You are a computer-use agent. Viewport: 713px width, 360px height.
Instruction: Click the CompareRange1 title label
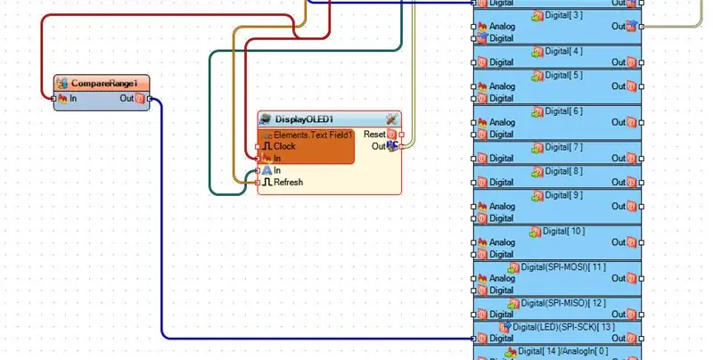[104, 84]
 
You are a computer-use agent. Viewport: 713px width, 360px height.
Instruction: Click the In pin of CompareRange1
[54, 98]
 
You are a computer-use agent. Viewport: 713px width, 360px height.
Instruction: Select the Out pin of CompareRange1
[150, 98]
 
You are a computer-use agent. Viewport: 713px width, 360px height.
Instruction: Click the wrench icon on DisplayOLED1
[392, 119]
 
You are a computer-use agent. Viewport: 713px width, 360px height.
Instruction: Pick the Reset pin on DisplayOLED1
[402, 135]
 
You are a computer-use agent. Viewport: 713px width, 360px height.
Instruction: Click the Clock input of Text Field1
[258, 146]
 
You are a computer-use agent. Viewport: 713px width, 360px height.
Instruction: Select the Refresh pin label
[288, 183]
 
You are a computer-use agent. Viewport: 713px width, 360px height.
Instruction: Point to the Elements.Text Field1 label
[313, 135]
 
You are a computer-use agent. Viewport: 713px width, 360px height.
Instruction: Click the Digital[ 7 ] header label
[564, 147]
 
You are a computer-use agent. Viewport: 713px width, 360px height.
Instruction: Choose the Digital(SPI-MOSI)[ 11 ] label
[563, 267]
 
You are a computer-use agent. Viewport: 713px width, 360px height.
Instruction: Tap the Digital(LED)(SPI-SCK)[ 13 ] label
[564, 327]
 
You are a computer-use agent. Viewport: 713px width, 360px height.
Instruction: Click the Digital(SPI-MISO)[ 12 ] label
[563, 303]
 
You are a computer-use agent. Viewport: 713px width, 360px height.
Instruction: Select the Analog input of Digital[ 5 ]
[473, 86]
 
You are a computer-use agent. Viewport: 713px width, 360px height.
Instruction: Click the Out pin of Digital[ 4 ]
[642, 62]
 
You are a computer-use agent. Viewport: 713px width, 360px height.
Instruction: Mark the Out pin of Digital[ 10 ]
[642, 242]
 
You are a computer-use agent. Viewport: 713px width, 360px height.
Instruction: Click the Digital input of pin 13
[473, 339]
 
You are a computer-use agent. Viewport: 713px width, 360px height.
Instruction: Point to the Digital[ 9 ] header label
[564, 195]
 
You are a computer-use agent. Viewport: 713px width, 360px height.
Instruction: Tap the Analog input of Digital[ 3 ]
[473, 27]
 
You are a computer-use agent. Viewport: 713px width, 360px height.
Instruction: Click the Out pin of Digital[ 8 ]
[642, 183]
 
